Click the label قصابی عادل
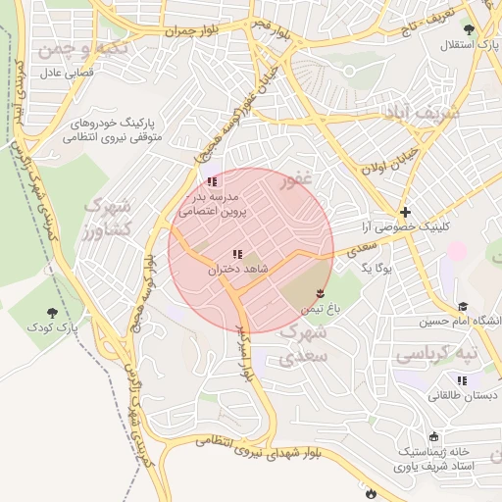point(65,74)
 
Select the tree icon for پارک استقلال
point(469,29)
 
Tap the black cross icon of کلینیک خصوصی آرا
point(405,212)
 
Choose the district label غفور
point(295,181)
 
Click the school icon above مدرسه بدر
point(212,182)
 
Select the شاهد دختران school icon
point(237,255)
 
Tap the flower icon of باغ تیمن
point(320,293)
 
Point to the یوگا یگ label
point(376,267)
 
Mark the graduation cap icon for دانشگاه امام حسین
point(463,307)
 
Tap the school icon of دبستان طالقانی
point(462,380)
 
